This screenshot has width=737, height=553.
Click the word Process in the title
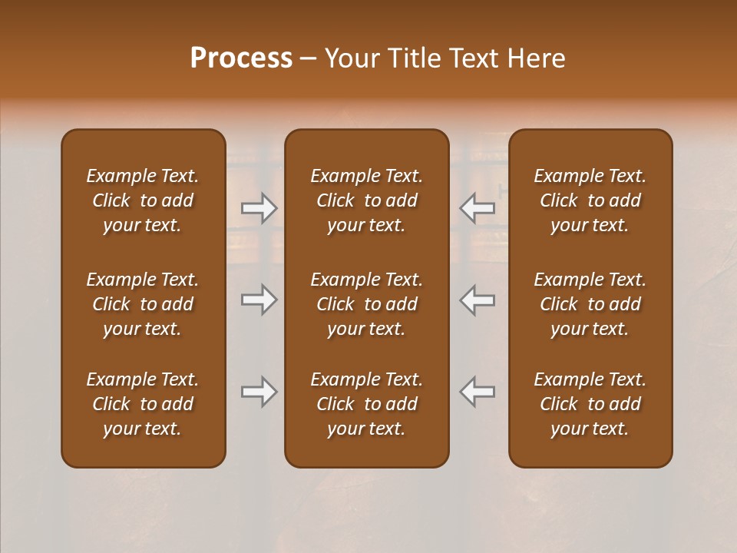pyautogui.click(x=241, y=58)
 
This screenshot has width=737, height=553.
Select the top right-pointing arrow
pyautogui.click(x=259, y=208)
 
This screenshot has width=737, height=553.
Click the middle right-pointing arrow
pyautogui.click(x=259, y=300)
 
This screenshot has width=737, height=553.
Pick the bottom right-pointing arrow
pyautogui.click(x=259, y=392)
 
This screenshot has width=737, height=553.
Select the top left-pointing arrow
pyautogui.click(x=477, y=208)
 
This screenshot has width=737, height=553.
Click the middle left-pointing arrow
pyautogui.click(x=477, y=300)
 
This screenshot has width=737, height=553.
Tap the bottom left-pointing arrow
pyautogui.click(x=477, y=392)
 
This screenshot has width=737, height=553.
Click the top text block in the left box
pyautogui.click(x=143, y=200)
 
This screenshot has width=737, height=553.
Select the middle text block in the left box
pyautogui.click(x=143, y=304)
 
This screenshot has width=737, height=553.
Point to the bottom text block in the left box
pyautogui.click(x=143, y=404)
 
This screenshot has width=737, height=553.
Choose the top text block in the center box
pyautogui.click(x=366, y=200)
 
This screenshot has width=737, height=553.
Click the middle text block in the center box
pyautogui.click(x=366, y=304)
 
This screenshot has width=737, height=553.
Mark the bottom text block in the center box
pyautogui.click(x=366, y=404)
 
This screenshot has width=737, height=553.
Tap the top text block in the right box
pyautogui.click(x=590, y=200)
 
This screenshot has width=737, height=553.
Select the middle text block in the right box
pyautogui.click(x=590, y=304)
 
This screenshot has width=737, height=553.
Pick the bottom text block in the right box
pyautogui.click(x=590, y=404)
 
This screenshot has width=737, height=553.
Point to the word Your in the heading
pyautogui.click(x=352, y=58)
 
